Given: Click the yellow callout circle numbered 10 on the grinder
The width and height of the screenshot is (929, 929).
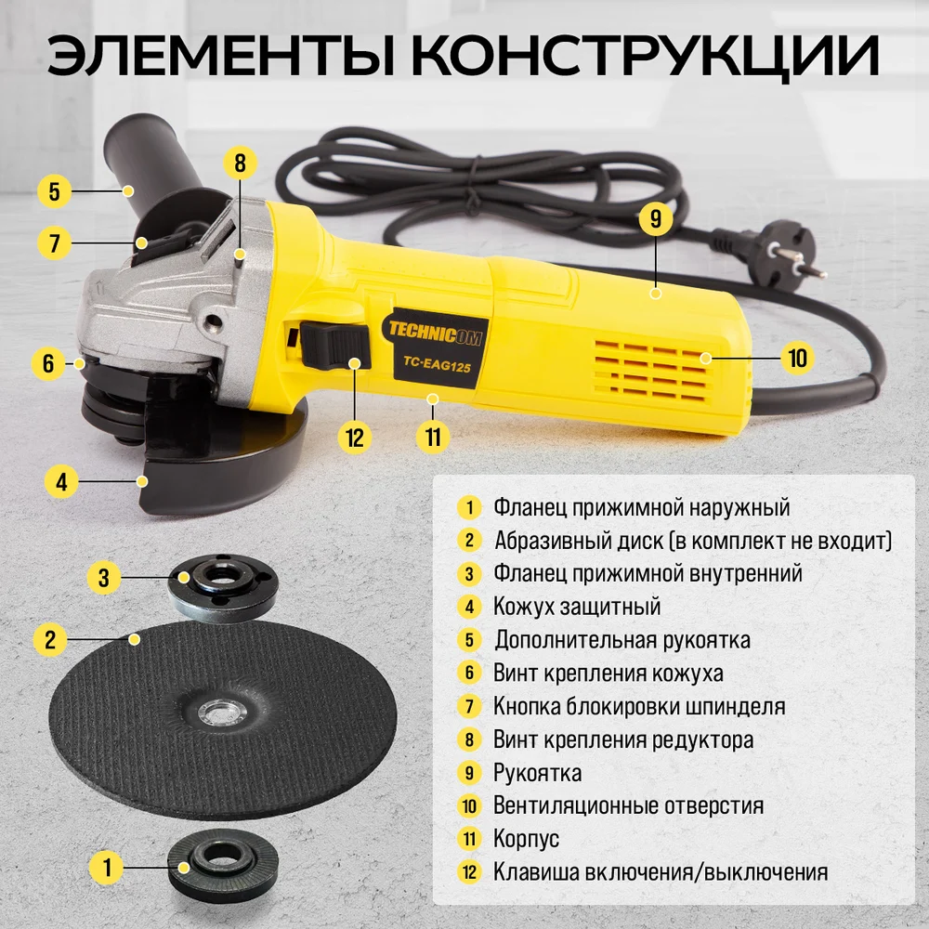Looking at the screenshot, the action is click(x=797, y=358).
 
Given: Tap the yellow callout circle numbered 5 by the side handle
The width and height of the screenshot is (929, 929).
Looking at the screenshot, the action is click(x=55, y=191).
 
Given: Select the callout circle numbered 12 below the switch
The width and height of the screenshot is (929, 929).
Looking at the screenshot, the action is click(x=354, y=438).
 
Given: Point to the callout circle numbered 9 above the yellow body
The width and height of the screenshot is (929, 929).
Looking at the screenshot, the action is click(x=655, y=218).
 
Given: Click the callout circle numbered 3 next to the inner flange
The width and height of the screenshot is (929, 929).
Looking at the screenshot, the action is click(x=104, y=577).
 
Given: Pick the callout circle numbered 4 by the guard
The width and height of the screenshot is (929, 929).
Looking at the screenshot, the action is click(x=61, y=481).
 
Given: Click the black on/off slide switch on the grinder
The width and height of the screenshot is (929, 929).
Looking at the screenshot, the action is click(x=334, y=346).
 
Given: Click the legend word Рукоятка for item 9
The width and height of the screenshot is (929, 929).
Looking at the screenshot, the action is click(x=537, y=773).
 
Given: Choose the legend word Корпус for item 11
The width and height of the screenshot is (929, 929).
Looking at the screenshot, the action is click(x=526, y=839).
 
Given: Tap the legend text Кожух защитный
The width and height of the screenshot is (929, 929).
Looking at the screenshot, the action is click(x=577, y=607).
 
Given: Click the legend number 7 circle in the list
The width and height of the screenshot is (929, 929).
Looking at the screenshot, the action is click(x=469, y=706).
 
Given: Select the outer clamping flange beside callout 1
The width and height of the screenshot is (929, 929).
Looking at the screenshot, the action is click(x=223, y=864).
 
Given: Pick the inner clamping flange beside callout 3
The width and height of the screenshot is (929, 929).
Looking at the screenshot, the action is click(x=223, y=586).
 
